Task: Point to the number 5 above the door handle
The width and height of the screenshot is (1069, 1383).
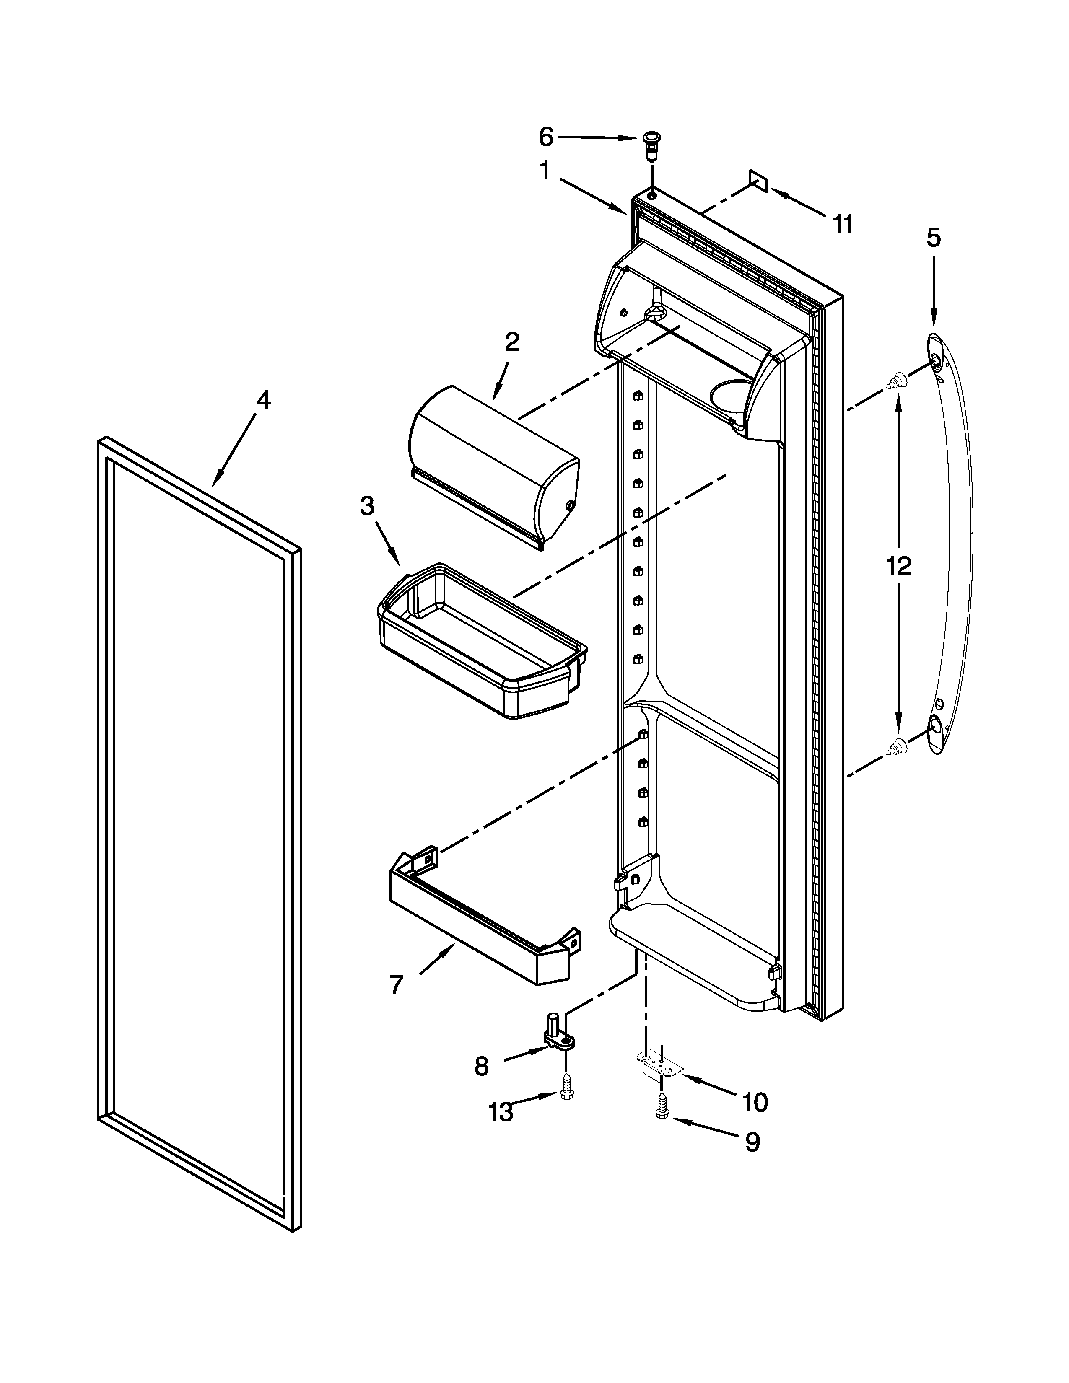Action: point(934,238)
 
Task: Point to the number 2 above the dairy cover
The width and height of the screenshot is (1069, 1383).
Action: point(512,342)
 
